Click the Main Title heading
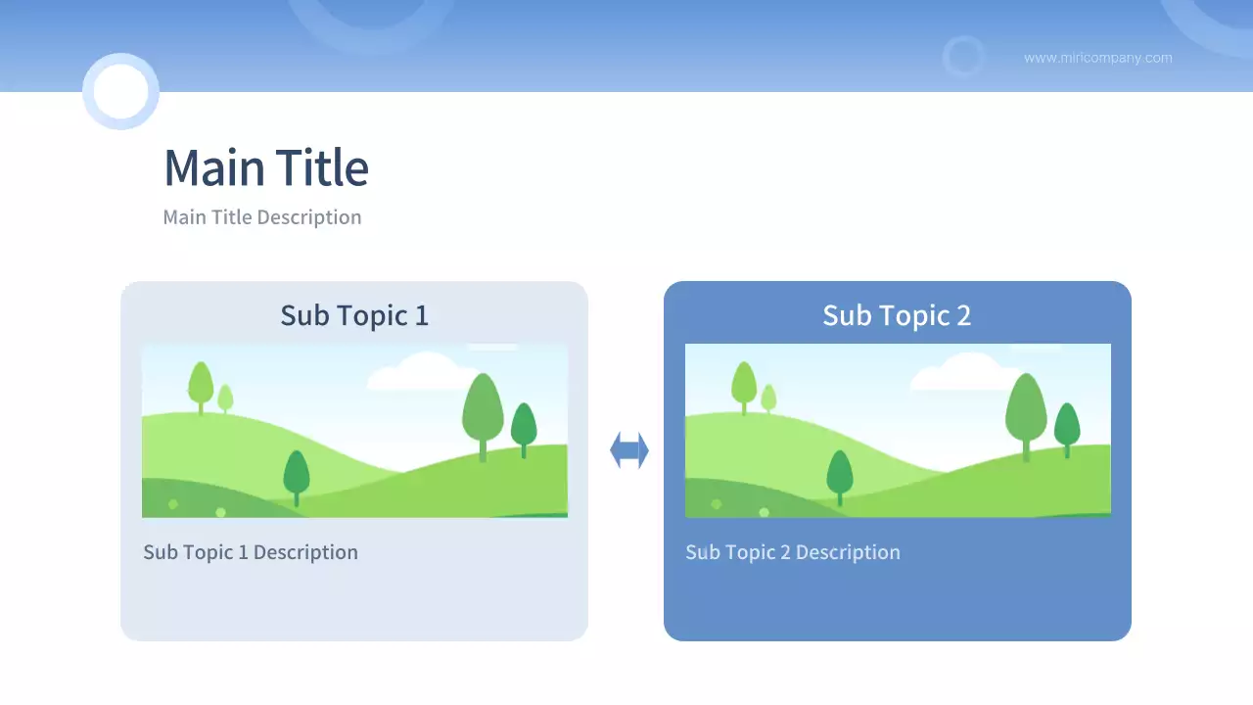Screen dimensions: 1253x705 [266, 166]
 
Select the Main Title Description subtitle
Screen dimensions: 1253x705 [262, 217]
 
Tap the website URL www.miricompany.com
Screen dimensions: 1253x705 [1098, 58]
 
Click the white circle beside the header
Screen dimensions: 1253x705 [120, 91]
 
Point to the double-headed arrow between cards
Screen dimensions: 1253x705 [629, 449]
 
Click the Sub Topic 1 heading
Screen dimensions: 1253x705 [354, 315]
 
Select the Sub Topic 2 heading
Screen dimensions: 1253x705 [897, 315]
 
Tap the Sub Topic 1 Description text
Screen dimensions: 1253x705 [251, 552]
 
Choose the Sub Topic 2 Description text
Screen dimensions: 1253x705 [793, 552]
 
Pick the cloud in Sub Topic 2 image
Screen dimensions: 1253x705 [965, 371]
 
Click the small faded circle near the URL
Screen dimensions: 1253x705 [963, 57]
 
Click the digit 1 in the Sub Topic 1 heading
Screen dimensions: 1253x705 [422, 316]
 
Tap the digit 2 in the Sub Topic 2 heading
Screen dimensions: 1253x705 [964, 316]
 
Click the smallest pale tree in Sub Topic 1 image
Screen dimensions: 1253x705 [225, 399]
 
